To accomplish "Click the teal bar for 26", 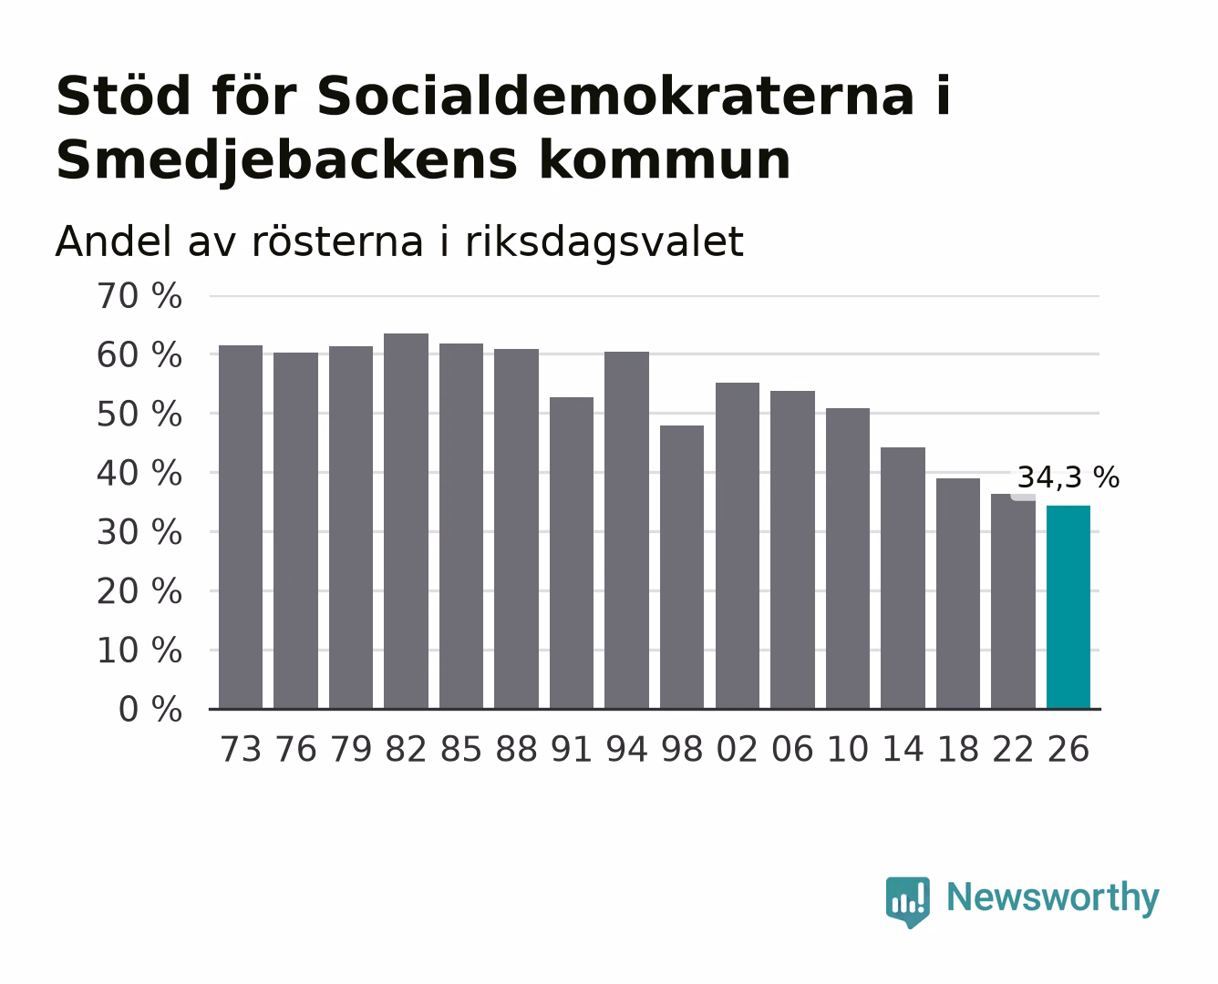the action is (1068, 607).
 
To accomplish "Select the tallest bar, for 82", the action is (406, 521).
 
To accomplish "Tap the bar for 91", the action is (572, 552).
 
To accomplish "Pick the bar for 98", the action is (682, 567).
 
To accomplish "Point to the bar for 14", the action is (903, 578).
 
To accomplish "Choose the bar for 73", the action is (241, 527).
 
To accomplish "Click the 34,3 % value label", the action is (1068, 477).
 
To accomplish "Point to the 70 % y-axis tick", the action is (139, 296).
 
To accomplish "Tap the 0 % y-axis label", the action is (150, 710).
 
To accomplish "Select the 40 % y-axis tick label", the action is (139, 474).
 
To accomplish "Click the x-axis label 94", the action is (626, 749).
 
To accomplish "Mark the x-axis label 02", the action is (737, 749).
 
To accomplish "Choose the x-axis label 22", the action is (1013, 749).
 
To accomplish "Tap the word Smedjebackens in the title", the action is (287, 160).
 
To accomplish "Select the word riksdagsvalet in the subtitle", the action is (604, 241).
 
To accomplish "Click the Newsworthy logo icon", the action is (907, 902).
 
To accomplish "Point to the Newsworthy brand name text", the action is (1053, 898).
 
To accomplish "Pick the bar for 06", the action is (792, 549).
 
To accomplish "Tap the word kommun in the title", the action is (665, 160).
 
